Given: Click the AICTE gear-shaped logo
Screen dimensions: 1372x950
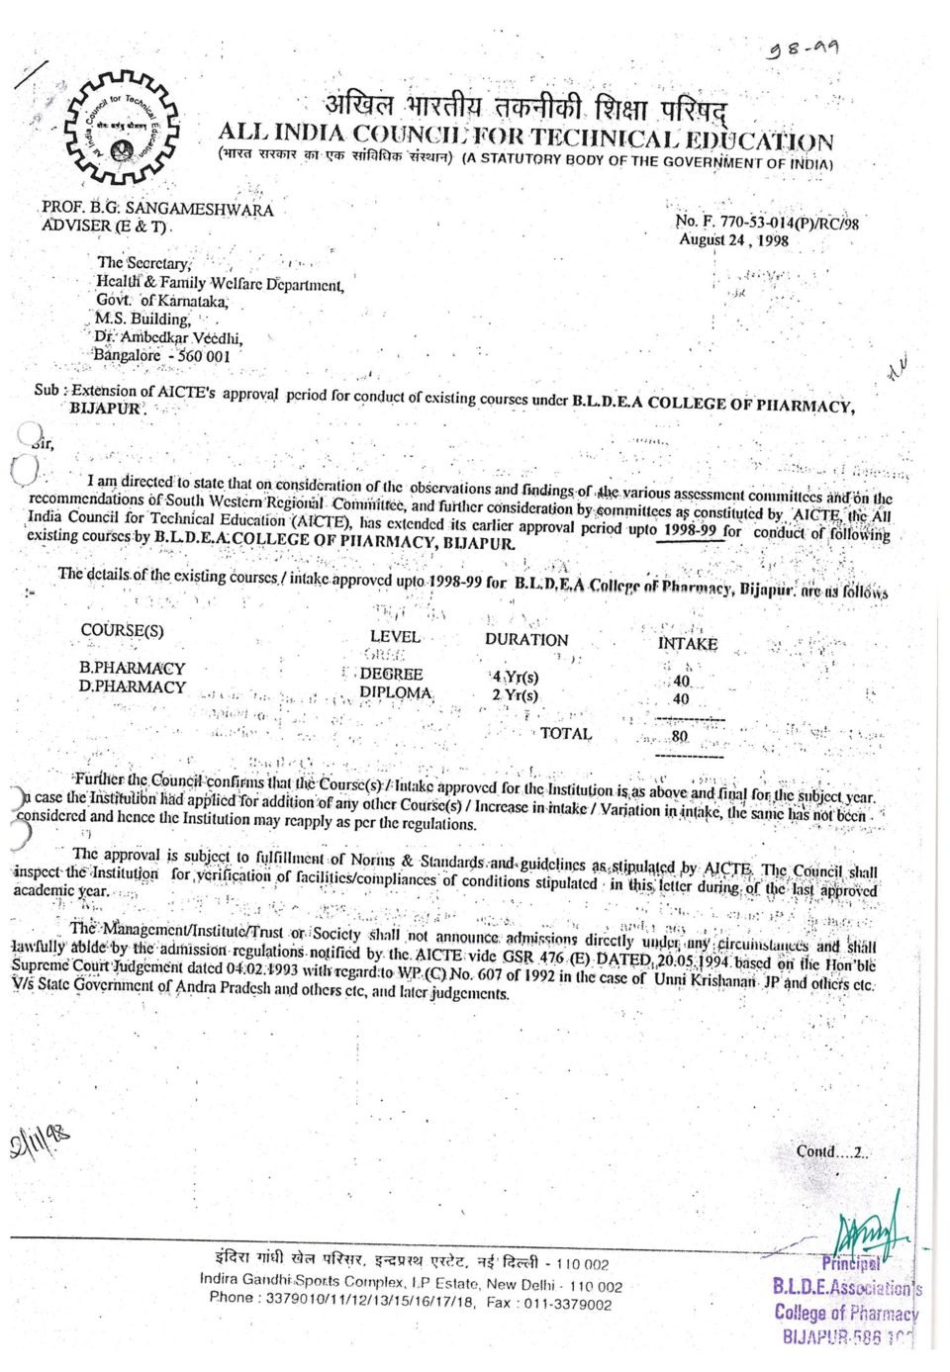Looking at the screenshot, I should [x=120, y=129].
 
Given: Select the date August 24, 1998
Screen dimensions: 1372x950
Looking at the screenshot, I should [x=733, y=239].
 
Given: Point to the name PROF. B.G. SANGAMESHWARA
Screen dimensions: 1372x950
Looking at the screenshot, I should [x=157, y=209].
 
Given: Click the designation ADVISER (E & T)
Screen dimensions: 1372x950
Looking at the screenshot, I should [x=106, y=227].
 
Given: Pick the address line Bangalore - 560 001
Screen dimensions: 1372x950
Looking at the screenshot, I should [x=161, y=356].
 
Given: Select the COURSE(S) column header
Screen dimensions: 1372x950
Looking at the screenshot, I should [x=123, y=630].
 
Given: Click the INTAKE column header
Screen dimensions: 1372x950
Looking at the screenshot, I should [x=687, y=643].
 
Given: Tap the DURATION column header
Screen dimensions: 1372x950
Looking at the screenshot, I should [x=526, y=639].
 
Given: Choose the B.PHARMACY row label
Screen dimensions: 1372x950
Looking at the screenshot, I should [x=132, y=668].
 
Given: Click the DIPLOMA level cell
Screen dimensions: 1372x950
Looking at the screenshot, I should [x=396, y=692].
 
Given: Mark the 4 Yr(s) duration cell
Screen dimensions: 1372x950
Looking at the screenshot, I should [x=516, y=677].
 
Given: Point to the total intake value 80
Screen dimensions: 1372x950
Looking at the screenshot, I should [x=680, y=736].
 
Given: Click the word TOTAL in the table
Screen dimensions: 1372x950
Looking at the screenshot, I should [x=566, y=733].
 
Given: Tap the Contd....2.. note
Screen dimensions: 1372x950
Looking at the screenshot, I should [x=831, y=1151].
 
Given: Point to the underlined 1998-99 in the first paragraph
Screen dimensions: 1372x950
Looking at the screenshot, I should [x=690, y=529].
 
